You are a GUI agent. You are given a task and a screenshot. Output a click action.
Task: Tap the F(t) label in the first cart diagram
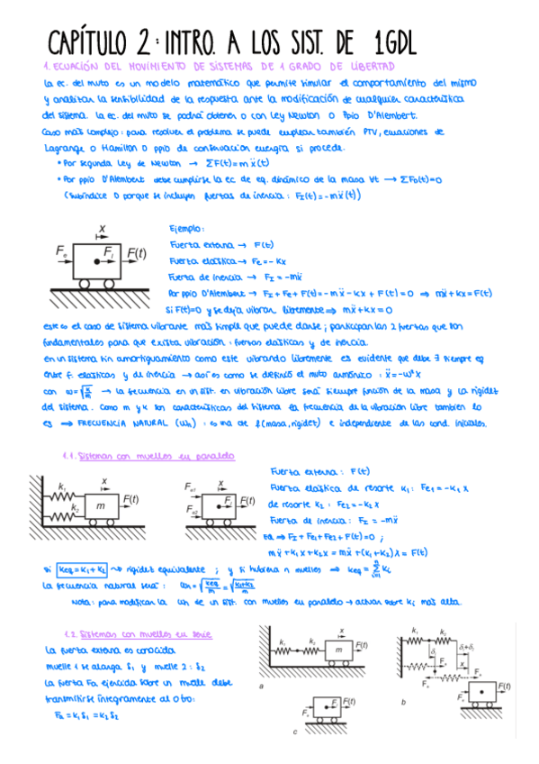(x=136, y=254)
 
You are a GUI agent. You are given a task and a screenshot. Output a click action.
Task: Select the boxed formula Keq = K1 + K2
(x=83, y=568)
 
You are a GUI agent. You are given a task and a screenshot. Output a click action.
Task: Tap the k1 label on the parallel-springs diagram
(x=62, y=486)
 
